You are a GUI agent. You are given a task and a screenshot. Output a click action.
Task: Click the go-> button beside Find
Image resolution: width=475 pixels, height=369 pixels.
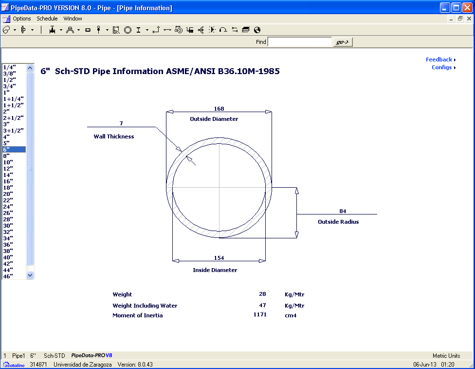click(x=343, y=42)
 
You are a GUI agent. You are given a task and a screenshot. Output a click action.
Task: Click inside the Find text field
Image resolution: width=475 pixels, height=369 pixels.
click(x=299, y=42)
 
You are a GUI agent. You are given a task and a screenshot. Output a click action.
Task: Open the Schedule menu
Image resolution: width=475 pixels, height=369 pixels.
click(x=47, y=19)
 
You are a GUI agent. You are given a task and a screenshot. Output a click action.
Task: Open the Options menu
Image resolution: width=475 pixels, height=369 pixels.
click(x=22, y=19)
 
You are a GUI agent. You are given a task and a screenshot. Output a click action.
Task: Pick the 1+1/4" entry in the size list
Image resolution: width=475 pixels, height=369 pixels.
click(x=13, y=99)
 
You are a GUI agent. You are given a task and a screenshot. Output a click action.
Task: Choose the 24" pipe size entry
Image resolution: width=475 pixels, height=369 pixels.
click(x=8, y=207)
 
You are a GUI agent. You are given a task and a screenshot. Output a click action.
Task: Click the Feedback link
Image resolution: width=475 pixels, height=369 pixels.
click(x=439, y=59)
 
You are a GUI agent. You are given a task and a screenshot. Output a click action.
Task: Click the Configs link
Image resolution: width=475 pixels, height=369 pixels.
click(x=442, y=67)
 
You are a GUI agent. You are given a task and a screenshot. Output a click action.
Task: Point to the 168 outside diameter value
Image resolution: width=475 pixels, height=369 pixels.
click(x=219, y=109)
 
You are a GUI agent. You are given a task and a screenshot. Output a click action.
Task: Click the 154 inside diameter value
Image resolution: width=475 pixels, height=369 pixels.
click(x=219, y=258)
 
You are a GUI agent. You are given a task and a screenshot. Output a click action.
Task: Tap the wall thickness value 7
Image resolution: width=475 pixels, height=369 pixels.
click(x=121, y=124)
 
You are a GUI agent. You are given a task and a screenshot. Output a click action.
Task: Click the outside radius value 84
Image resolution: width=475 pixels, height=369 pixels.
click(x=343, y=211)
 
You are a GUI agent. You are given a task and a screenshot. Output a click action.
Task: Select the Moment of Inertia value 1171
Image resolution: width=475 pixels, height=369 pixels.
click(x=260, y=315)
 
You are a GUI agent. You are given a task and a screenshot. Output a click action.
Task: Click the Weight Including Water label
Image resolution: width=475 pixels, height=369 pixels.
click(x=145, y=306)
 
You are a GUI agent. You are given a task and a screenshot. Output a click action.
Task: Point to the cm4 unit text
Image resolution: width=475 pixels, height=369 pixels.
click(x=291, y=315)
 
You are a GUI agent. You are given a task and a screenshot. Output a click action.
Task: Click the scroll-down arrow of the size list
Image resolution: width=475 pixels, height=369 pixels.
click(x=30, y=275)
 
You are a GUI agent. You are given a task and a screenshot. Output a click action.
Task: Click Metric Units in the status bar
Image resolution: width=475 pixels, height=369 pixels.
click(x=446, y=356)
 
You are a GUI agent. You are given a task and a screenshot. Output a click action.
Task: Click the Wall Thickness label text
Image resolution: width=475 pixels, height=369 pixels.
click(x=114, y=136)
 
